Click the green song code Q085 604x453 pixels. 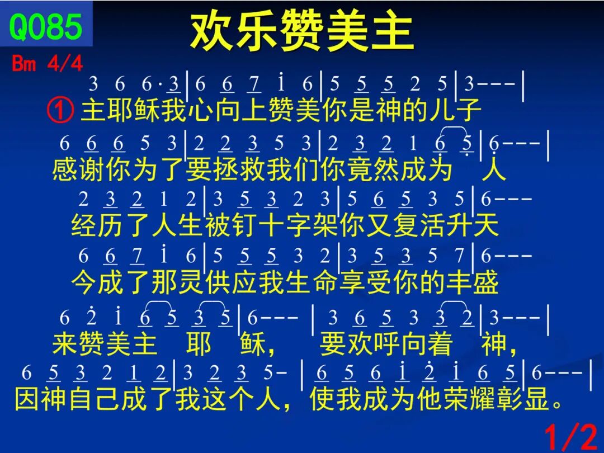[x=45, y=27]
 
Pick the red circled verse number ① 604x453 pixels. [x=60, y=110]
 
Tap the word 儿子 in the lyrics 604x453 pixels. [x=455, y=110]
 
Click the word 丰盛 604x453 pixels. [x=473, y=282]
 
